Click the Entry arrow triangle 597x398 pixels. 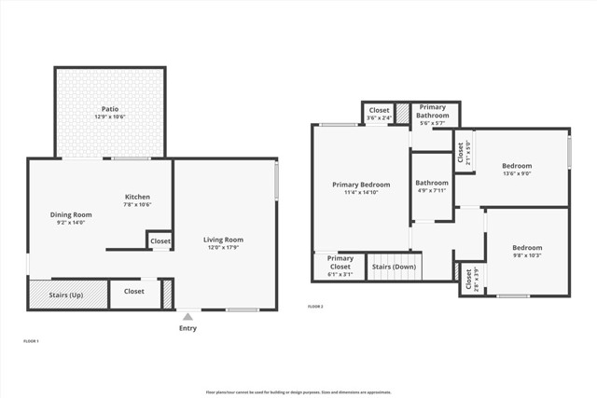tap(187, 317)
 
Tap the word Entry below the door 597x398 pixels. tap(187, 328)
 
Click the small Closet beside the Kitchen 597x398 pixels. tap(160, 241)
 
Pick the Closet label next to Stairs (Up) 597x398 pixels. tap(134, 291)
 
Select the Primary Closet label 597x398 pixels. tap(340, 263)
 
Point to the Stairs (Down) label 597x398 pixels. tap(394, 267)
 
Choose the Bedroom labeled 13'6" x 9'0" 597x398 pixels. tap(516, 168)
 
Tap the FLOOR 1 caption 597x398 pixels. tap(31, 341)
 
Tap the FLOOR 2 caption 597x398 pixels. tap(316, 306)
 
